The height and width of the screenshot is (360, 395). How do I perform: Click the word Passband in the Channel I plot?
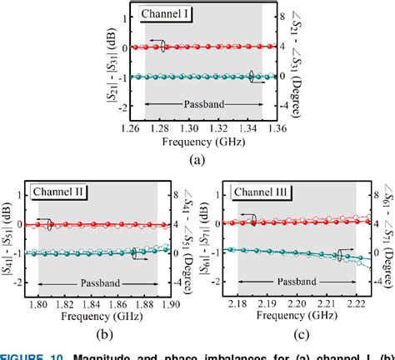point(203,103)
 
